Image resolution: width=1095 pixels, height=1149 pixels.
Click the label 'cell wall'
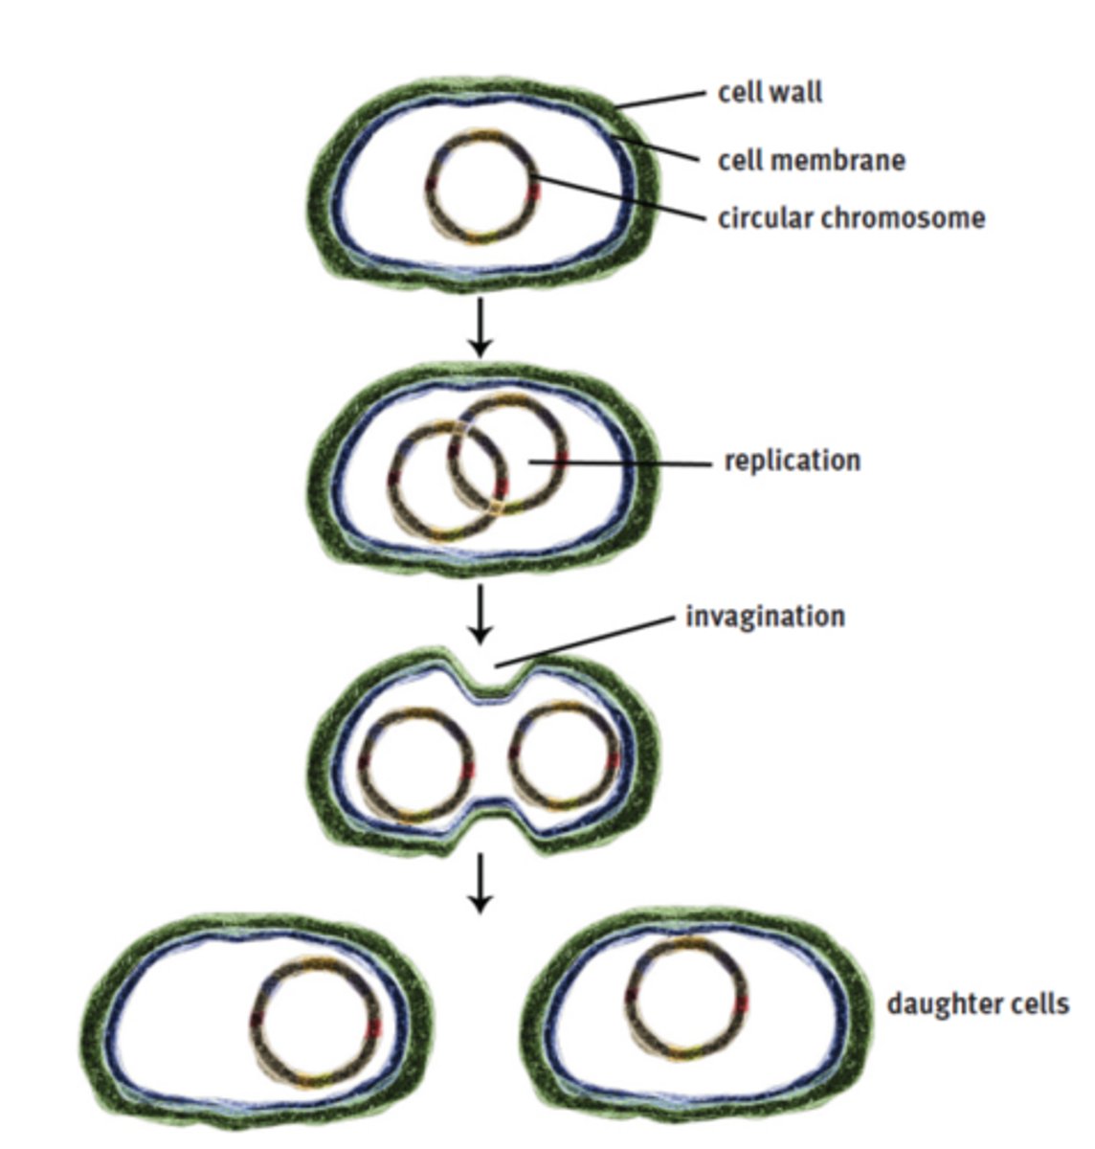point(770,93)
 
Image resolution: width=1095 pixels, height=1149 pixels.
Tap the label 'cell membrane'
point(811,159)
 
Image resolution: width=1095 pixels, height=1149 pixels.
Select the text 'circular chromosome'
point(851,217)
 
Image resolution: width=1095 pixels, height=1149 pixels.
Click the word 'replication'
point(792,461)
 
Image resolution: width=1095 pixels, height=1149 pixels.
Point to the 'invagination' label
point(765,616)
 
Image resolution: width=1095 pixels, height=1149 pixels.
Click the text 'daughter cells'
point(977,1004)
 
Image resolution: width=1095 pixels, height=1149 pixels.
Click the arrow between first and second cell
point(480,327)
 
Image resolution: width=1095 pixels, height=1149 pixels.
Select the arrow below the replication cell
point(480,614)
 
